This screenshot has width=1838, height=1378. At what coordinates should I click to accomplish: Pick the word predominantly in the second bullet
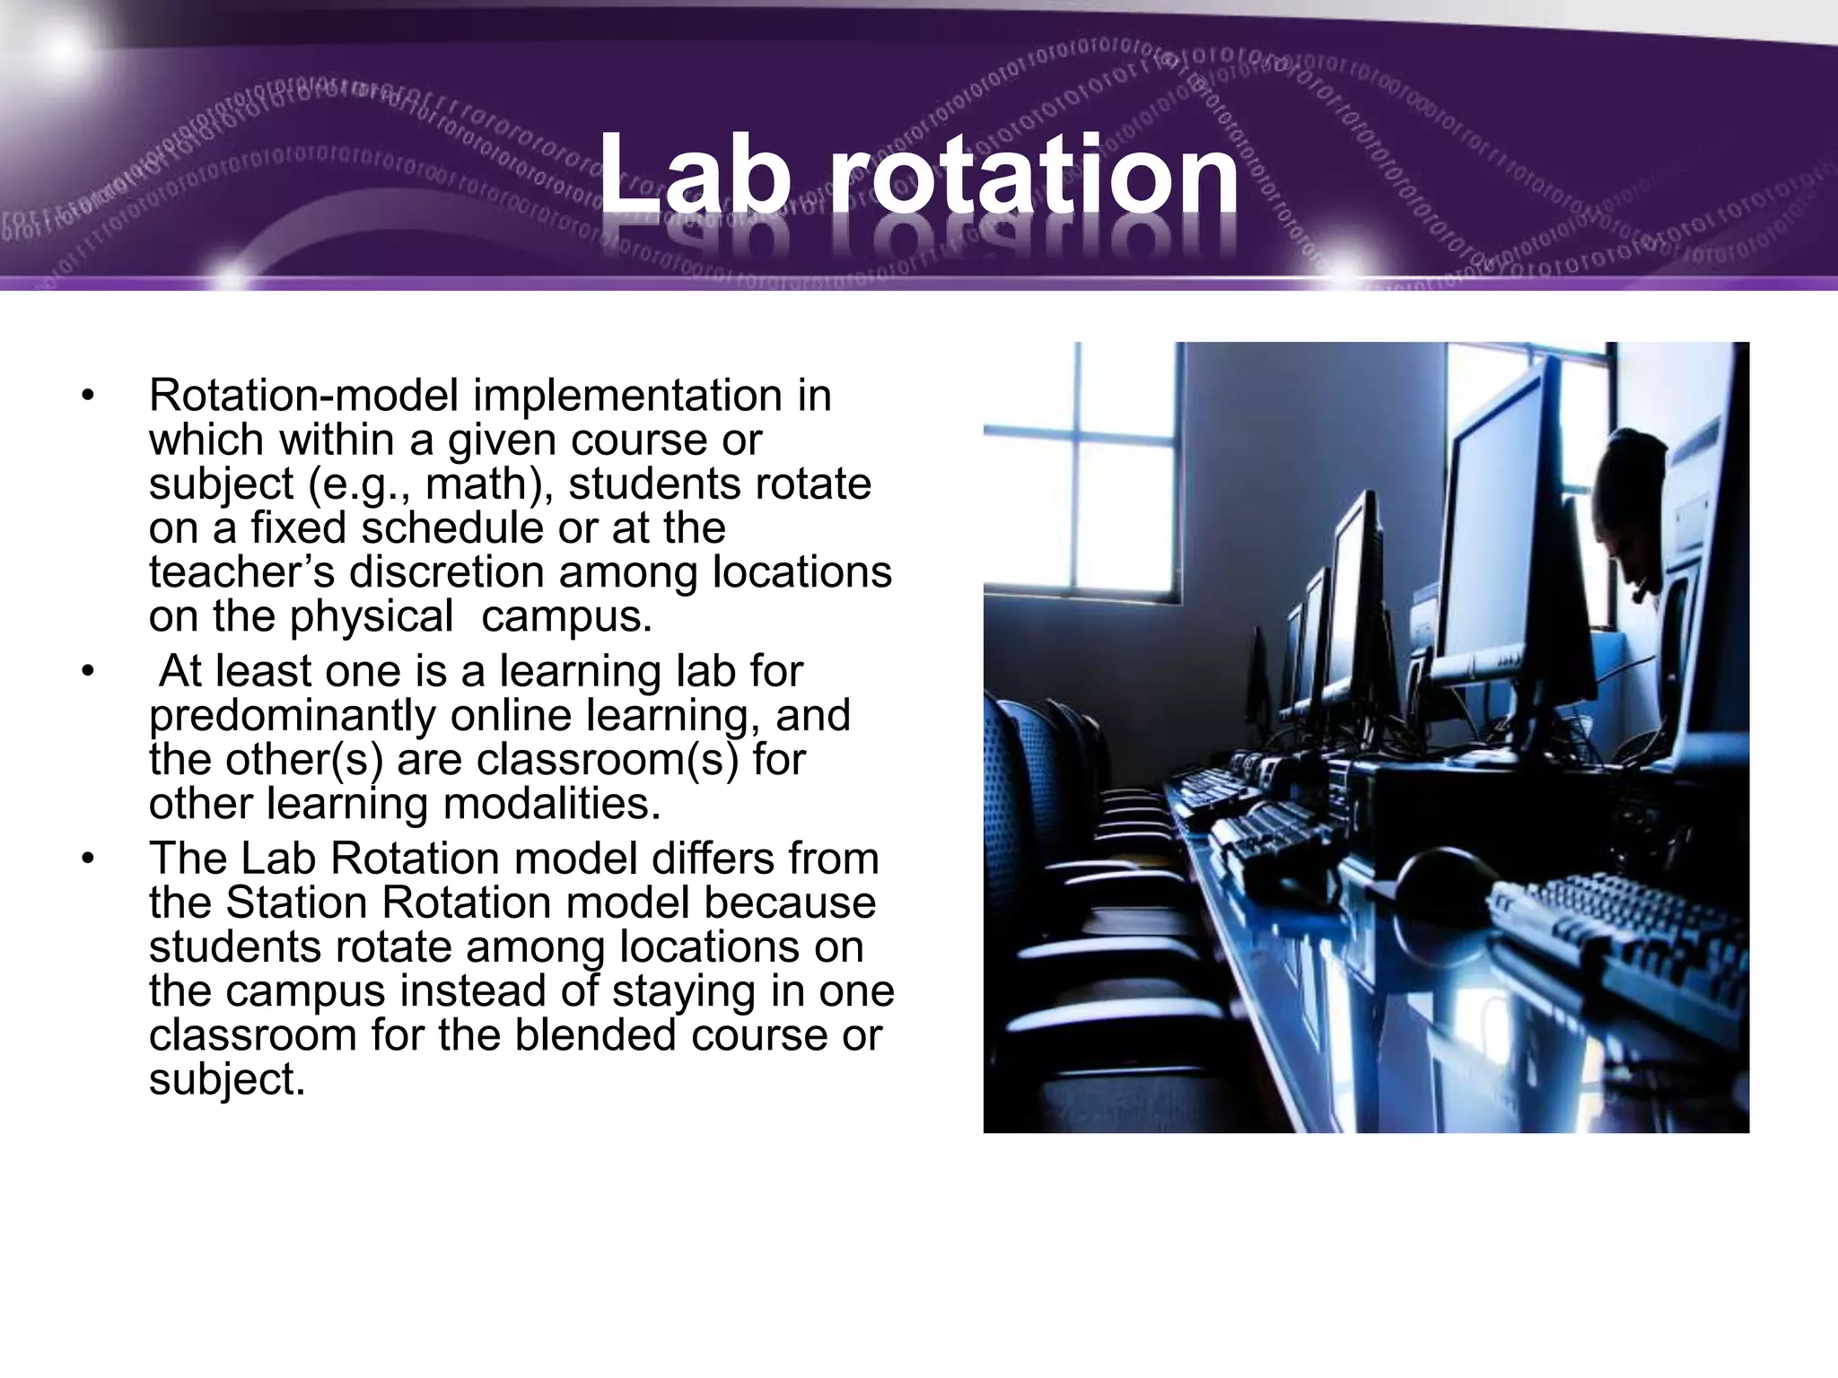coord(291,715)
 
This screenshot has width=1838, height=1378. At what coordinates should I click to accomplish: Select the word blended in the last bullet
coord(597,1034)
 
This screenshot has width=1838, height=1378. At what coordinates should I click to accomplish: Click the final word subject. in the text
coord(226,1078)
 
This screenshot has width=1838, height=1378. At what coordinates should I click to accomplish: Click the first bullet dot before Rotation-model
coord(87,396)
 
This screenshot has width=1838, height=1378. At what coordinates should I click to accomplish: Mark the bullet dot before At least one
coord(87,671)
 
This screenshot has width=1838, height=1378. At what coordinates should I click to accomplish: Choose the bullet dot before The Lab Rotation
coord(87,859)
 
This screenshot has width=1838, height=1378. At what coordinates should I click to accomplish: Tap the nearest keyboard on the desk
coord(1615,942)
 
